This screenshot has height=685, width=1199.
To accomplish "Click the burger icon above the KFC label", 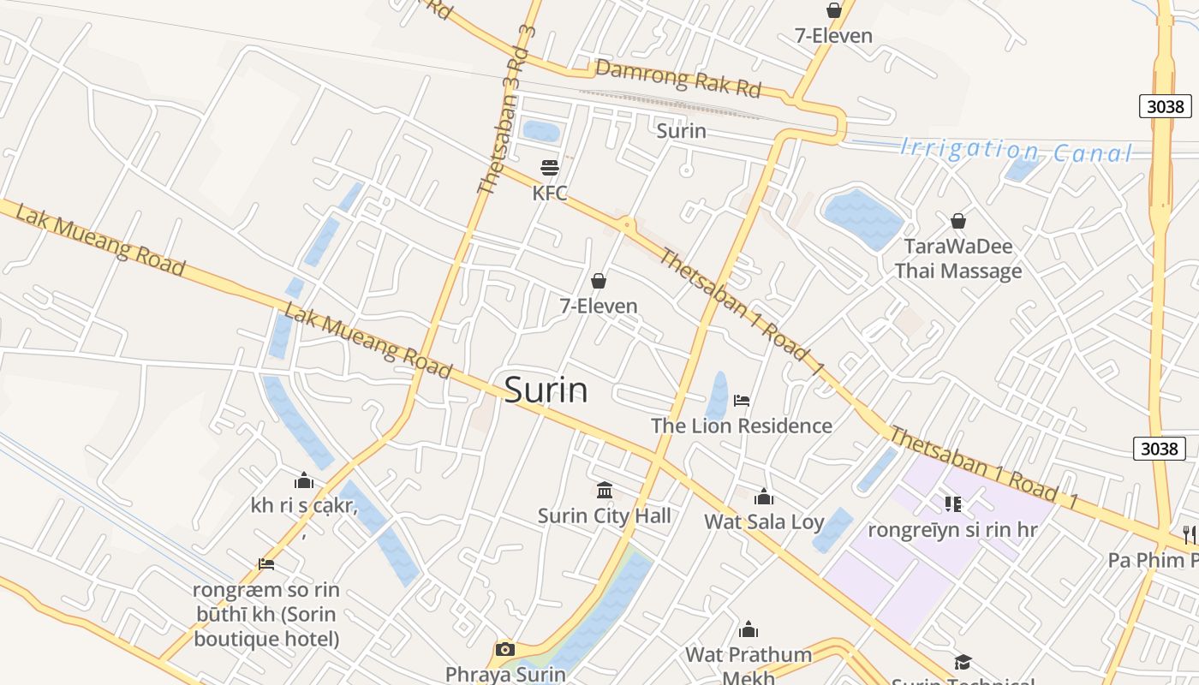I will tap(550, 167).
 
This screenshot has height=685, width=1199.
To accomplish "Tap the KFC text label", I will tap(550, 194).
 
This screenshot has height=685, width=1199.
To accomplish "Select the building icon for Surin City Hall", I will tap(605, 491).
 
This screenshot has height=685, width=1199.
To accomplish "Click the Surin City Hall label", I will tap(605, 516).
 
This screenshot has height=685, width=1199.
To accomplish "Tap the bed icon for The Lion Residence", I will tap(742, 400).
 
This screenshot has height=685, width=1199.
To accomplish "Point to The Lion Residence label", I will tap(742, 426).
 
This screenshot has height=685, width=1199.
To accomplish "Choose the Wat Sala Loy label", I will tap(764, 522).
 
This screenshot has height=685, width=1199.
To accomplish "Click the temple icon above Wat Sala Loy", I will tap(764, 497).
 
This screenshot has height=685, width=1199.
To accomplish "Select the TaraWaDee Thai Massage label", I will tap(958, 259).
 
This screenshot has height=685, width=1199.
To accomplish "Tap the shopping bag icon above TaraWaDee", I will tap(958, 221).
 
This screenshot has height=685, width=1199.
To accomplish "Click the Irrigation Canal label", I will tap(1016, 151).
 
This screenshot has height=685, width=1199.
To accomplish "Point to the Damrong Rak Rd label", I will tap(678, 79).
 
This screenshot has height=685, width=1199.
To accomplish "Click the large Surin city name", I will tap(546, 390).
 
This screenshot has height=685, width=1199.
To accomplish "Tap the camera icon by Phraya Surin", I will tap(505, 649).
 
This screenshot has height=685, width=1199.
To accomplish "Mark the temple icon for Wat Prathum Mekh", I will tap(749, 630).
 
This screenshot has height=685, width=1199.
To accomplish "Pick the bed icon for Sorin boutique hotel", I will tap(266, 564).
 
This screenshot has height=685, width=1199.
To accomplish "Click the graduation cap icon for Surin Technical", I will tap(963, 662).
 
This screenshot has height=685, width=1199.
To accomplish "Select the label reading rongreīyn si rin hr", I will tap(953, 530).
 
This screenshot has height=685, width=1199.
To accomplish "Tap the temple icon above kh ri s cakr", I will tap(303, 480).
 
